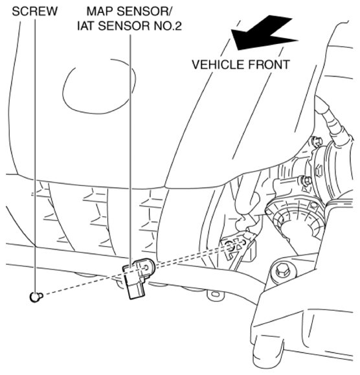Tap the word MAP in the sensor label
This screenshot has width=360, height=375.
[x=99, y=12]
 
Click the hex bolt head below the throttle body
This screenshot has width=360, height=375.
[x=281, y=269]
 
